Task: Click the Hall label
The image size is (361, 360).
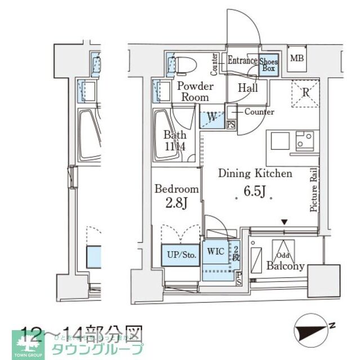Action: tap(247, 88)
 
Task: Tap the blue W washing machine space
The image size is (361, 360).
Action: tap(212, 119)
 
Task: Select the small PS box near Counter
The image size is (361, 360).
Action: tap(230, 125)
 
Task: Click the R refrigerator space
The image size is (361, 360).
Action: tap(305, 92)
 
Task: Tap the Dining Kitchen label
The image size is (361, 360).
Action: tap(255, 174)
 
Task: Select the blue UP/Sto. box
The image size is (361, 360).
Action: tap(181, 255)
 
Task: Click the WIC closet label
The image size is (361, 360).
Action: tap(217, 251)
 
